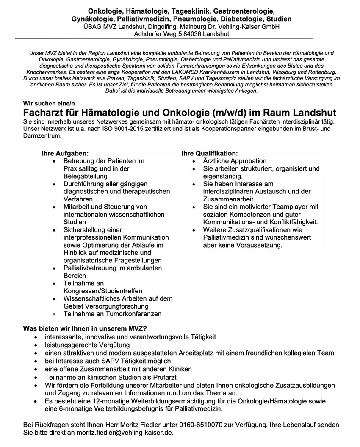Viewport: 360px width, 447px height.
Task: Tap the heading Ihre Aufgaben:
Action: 65,153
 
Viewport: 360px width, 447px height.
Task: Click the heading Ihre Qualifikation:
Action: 210,153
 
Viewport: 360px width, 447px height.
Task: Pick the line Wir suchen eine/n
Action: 47,105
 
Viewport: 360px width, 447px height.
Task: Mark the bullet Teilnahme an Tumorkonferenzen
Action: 112,314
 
